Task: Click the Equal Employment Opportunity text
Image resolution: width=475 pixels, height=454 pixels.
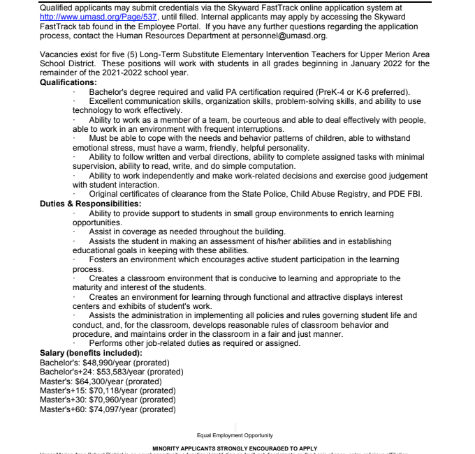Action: (x=235, y=435)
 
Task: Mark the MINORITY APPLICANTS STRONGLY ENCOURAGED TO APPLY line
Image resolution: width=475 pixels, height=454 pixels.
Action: (x=235, y=448)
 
